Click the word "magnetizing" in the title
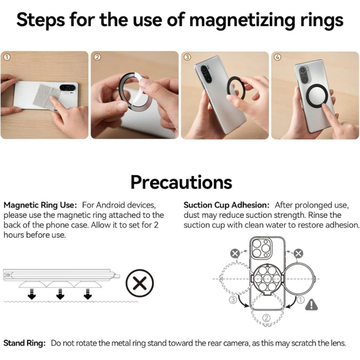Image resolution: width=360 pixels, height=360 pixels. coord(243,21)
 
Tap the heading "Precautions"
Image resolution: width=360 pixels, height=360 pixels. coord(181,183)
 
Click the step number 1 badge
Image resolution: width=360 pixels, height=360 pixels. coord(7,57)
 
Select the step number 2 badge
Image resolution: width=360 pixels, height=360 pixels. coord(97,57)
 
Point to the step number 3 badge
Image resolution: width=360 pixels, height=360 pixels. coord(187,57)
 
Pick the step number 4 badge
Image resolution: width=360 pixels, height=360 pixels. coord(278,57)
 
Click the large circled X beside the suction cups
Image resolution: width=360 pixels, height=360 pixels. coord(140,283)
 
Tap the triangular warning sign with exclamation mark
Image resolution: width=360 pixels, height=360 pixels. coord(311,305)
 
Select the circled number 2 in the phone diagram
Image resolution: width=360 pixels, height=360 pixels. coord(266,318)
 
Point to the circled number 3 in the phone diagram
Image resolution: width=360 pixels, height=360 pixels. coord(233,300)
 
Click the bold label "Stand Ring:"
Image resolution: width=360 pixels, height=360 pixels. coord(25,343)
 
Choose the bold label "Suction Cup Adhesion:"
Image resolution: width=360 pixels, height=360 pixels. coord(227,205)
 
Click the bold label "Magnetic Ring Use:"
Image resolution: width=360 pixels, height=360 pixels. coord(40,205)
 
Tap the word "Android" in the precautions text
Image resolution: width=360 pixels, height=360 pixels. coord(111,205)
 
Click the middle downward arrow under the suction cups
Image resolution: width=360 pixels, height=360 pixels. coord(60,294)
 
